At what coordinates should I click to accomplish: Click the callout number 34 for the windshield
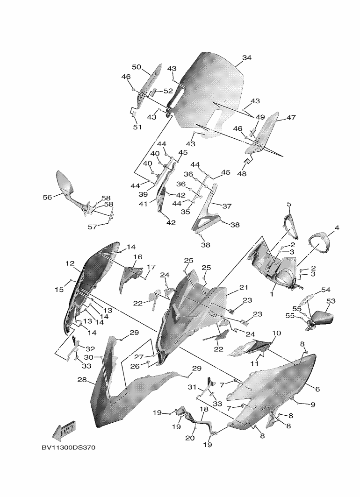point(247,58)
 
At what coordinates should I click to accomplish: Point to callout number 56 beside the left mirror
point(47,198)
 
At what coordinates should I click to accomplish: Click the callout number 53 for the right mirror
point(331,302)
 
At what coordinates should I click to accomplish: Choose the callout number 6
point(317,389)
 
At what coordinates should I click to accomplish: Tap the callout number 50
point(136,67)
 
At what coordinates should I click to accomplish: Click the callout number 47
point(291,118)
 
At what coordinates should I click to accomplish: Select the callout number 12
point(70,264)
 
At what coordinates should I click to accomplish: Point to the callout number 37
point(227,206)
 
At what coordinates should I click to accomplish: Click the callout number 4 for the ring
point(336,228)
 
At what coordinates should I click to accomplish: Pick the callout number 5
point(289,204)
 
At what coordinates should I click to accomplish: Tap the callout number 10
point(276,333)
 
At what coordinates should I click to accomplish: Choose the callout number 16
point(138,257)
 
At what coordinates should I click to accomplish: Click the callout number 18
point(204,409)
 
